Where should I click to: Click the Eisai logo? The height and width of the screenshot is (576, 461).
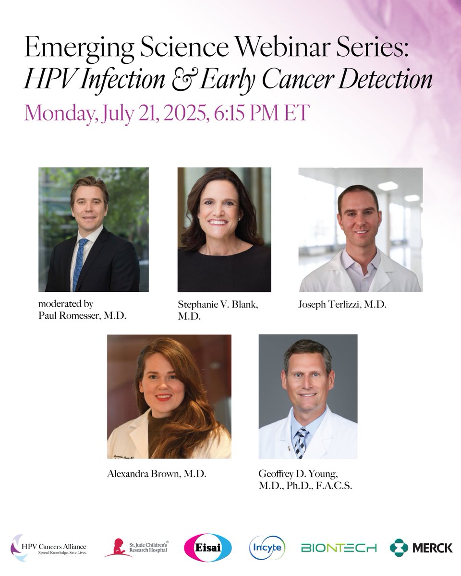click(208, 547)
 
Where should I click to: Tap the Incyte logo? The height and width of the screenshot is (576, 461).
click(267, 547)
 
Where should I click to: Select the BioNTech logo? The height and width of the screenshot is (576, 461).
click(339, 548)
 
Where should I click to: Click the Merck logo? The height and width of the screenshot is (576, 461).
click(421, 548)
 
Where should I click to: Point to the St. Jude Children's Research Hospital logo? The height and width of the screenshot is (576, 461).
click(136, 548)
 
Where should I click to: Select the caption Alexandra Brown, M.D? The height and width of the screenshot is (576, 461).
click(157, 474)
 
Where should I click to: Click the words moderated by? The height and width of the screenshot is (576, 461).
click(66, 304)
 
